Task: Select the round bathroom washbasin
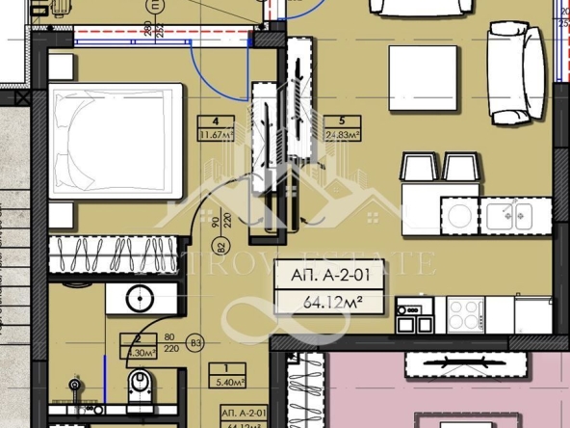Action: [x=140, y=297]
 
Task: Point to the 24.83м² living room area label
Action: [x=342, y=135]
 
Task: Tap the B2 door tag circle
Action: [x=221, y=246]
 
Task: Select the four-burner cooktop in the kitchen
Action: [x=465, y=312]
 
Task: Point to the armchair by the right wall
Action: [x=514, y=73]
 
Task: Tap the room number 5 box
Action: [x=342, y=121]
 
